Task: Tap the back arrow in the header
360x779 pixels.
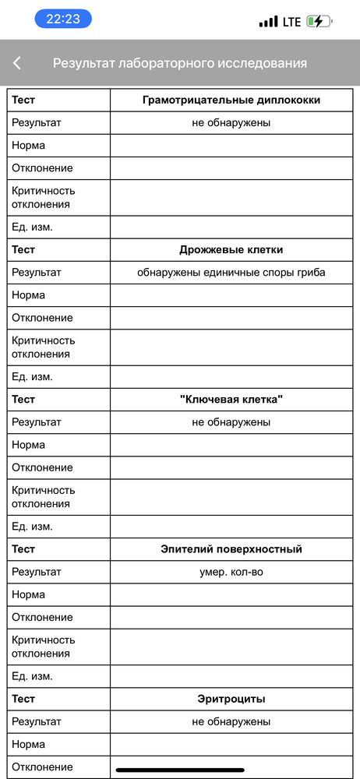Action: click(x=17, y=63)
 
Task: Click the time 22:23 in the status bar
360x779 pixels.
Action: click(x=62, y=19)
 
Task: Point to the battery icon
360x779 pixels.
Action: click(x=318, y=22)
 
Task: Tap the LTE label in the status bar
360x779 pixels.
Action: click(x=291, y=22)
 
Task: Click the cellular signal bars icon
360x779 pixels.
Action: click(x=268, y=22)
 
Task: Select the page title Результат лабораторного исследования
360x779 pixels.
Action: click(x=180, y=63)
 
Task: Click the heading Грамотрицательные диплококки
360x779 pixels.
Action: click(x=231, y=100)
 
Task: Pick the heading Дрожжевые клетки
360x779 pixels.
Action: click(x=231, y=250)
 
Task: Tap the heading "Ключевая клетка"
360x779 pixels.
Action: click(x=231, y=400)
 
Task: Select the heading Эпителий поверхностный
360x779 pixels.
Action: click(x=231, y=549)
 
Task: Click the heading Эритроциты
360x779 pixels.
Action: click(x=231, y=699)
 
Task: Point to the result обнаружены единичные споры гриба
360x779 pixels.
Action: click(x=231, y=273)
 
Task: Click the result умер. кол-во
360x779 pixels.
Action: click(x=231, y=572)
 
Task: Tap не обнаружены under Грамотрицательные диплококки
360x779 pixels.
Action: click(x=231, y=122)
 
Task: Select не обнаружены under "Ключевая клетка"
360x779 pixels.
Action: click(x=231, y=422)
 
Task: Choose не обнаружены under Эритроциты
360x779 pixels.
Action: click(x=231, y=721)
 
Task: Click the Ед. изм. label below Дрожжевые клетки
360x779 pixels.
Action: click(x=32, y=377)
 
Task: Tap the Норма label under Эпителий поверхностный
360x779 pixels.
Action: click(x=28, y=594)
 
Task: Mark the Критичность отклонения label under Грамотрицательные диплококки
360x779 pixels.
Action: click(x=43, y=197)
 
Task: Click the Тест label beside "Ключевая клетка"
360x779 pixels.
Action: click(x=23, y=400)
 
